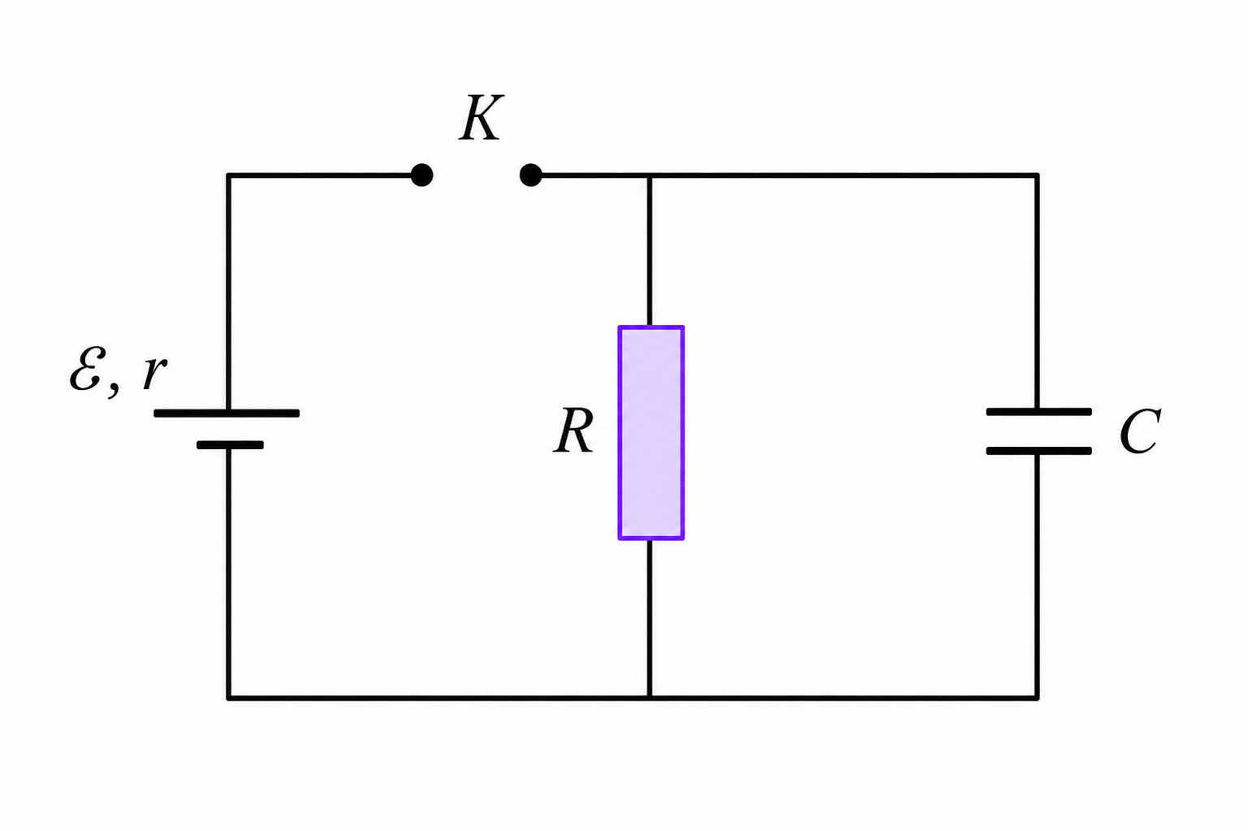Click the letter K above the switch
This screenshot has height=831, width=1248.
(x=481, y=118)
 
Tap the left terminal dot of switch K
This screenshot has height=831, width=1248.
(x=421, y=175)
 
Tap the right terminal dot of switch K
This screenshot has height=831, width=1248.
(x=530, y=175)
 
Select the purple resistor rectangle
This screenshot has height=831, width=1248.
(x=650, y=432)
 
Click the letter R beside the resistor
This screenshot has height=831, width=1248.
(x=574, y=431)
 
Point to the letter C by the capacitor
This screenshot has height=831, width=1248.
(x=1140, y=431)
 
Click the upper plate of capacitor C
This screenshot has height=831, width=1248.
(x=1039, y=412)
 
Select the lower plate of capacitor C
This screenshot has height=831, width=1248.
(x=1039, y=451)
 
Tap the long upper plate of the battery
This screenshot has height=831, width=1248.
(x=227, y=413)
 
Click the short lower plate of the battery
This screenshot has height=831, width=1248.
(x=230, y=445)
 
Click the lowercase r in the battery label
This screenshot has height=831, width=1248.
(x=154, y=373)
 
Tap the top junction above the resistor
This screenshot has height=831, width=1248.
(x=650, y=175)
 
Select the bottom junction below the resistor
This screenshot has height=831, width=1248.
(x=650, y=698)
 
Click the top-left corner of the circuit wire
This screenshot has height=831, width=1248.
(x=228, y=175)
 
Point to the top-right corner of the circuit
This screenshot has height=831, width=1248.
(x=1037, y=175)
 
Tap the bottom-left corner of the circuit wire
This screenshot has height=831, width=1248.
(x=228, y=698)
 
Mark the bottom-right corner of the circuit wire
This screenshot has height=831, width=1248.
(x=1037, y=698)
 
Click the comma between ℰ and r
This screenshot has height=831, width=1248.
(x=114, y=389)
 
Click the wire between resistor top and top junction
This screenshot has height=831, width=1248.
(x=650, y=251)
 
